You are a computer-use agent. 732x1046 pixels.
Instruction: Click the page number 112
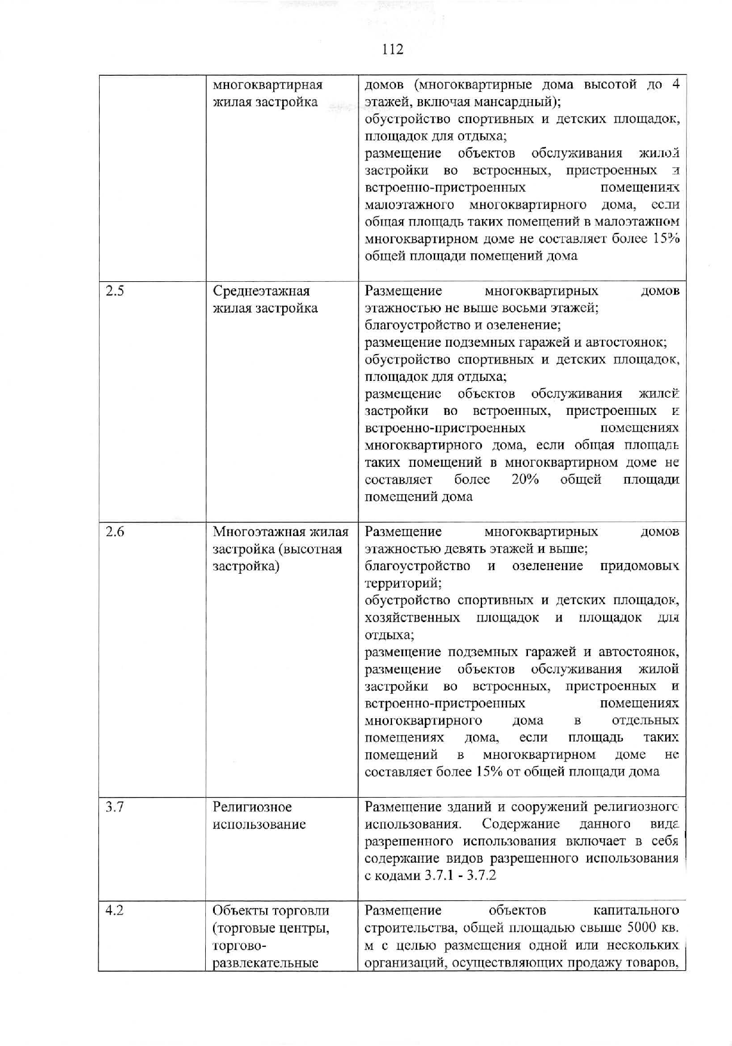click(393, 49)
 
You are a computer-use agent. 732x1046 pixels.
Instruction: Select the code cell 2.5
click(114, 291)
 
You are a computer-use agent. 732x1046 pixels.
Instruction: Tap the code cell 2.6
click(115, 532)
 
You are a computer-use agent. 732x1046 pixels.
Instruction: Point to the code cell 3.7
click(115, 807)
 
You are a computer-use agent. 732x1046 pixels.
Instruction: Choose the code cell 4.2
click(115, 910)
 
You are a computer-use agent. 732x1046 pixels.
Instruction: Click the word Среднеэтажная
click(261, 291)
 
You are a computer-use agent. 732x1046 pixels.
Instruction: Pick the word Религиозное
click(252, 807)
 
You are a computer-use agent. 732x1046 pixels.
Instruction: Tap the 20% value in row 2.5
click(525, 480)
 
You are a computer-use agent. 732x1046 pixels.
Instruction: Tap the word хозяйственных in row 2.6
click(412, 617)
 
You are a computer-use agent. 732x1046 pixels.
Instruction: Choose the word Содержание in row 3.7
click(520, 825)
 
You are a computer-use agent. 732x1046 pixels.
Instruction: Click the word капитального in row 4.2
click(636, 910)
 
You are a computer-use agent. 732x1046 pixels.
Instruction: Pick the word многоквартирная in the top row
click(267, 85)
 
